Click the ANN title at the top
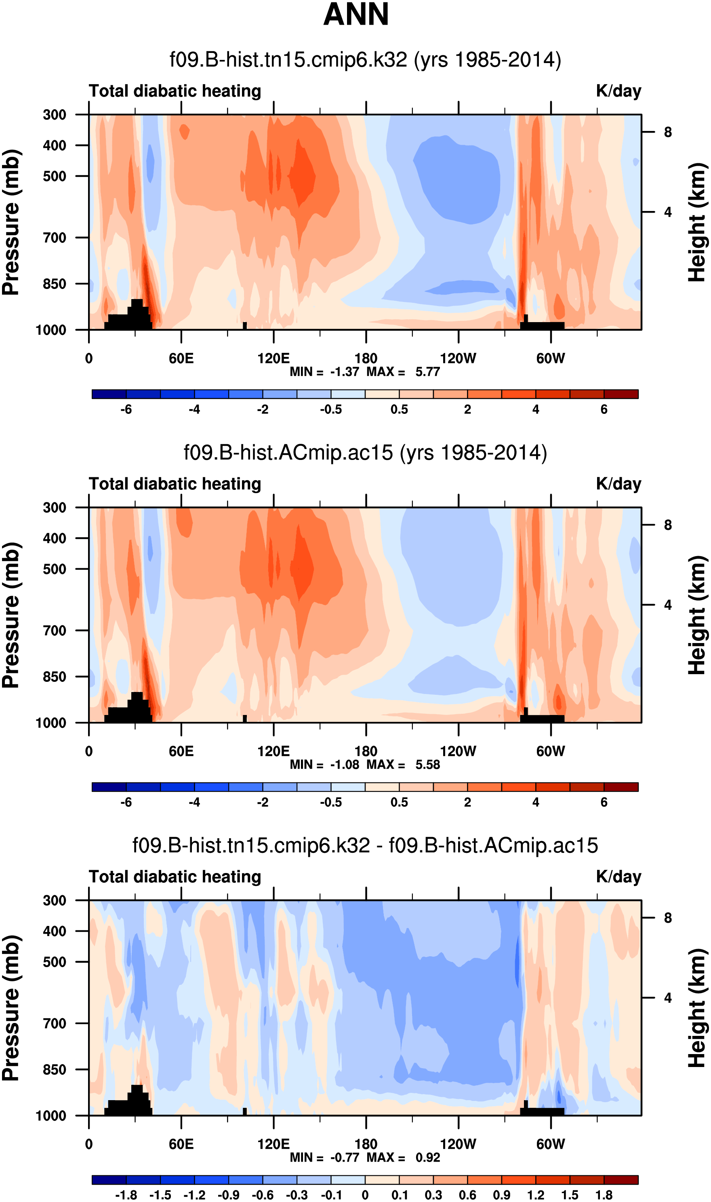pyautogui.click(x=355, y=15)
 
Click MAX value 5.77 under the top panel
pyautogui.click(x=427, y=372)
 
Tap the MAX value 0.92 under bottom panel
pyautogui.click(x=427, y=1158)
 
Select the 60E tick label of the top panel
pyautogui.click(x=181, y=358)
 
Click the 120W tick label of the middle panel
pyautogui.click(x=458, y=751)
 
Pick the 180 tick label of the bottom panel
pyautogui.click(x=366, y=1144)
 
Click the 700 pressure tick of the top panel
pyautogui.click(x=55, y=238)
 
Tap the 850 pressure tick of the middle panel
pyautogui.click(x=55, y=677)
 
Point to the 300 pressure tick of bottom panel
pyautogui.click(x=55, y=900)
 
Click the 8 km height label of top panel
pyautogui.click(x=667, y=132)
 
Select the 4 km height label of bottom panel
pyautogui.click(x=667, y=998)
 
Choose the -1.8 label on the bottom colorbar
pyautogui.click(x=126, y=1195)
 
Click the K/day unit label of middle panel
pyautogui.click(x=618, y=484)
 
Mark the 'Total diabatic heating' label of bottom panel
pyautogui.click(x=175, y=877)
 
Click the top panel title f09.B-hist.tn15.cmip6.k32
pyautogui.click(x=365, y=60)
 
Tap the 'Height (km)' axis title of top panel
pyautogui.click(x=698, y=222)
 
